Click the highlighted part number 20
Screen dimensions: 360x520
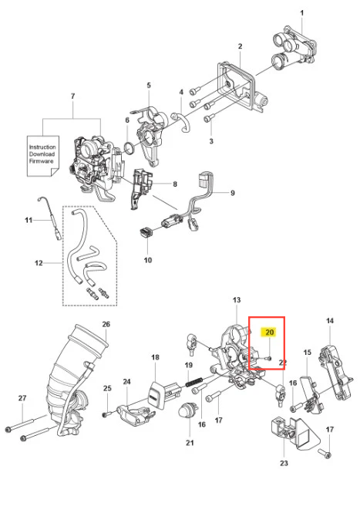click(270, 332)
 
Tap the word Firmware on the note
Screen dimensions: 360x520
click(41, 161)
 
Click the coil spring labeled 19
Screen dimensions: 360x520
click(197, 382)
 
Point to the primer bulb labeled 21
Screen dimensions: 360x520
click(185, 410)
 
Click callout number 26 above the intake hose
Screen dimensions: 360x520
click(106, 324)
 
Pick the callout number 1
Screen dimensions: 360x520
click(301, 13)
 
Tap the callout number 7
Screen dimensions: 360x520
click(73, 96)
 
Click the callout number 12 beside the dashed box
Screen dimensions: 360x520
click(39, 263)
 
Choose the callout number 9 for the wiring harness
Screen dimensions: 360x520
click(233, 193)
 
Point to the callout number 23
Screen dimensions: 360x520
click(284, 463)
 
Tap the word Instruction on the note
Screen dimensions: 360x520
click(42, 147)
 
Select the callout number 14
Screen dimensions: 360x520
click(329, 321)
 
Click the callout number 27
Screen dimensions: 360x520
click(22, 398)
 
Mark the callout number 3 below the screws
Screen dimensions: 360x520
click(211, 141)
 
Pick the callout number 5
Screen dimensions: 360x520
click(149, 85)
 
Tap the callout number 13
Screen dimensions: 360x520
click(237, 300)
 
